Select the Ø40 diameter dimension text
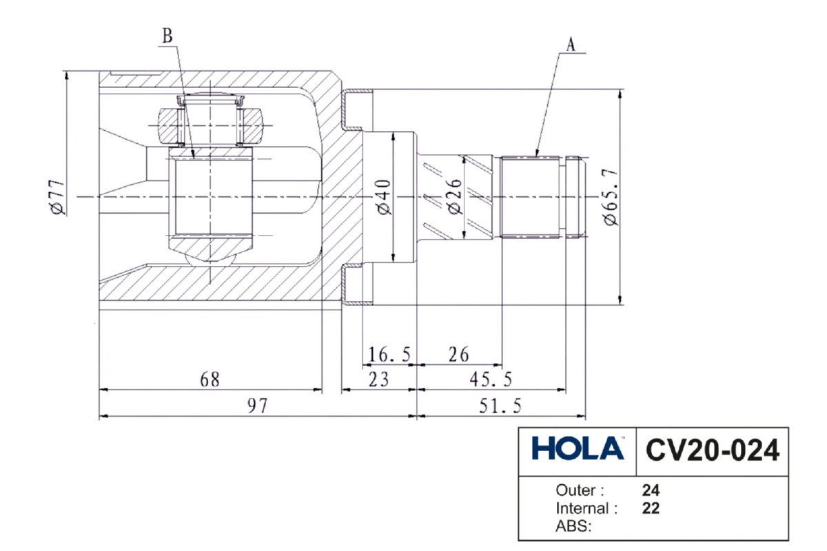click(383, 198)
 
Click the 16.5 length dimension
click(389, 355)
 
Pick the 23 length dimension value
click(378, 380)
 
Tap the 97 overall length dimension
click(257, 406)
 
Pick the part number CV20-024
click(713, 451)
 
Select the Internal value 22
click(651, 510)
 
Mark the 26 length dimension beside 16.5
click(458, 355)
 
